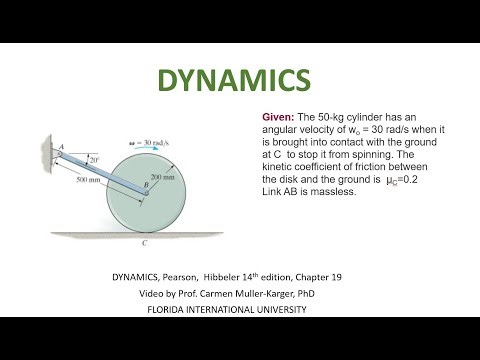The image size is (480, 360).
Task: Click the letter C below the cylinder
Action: click(146, 242)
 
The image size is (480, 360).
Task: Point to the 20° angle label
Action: click(92, 158)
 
